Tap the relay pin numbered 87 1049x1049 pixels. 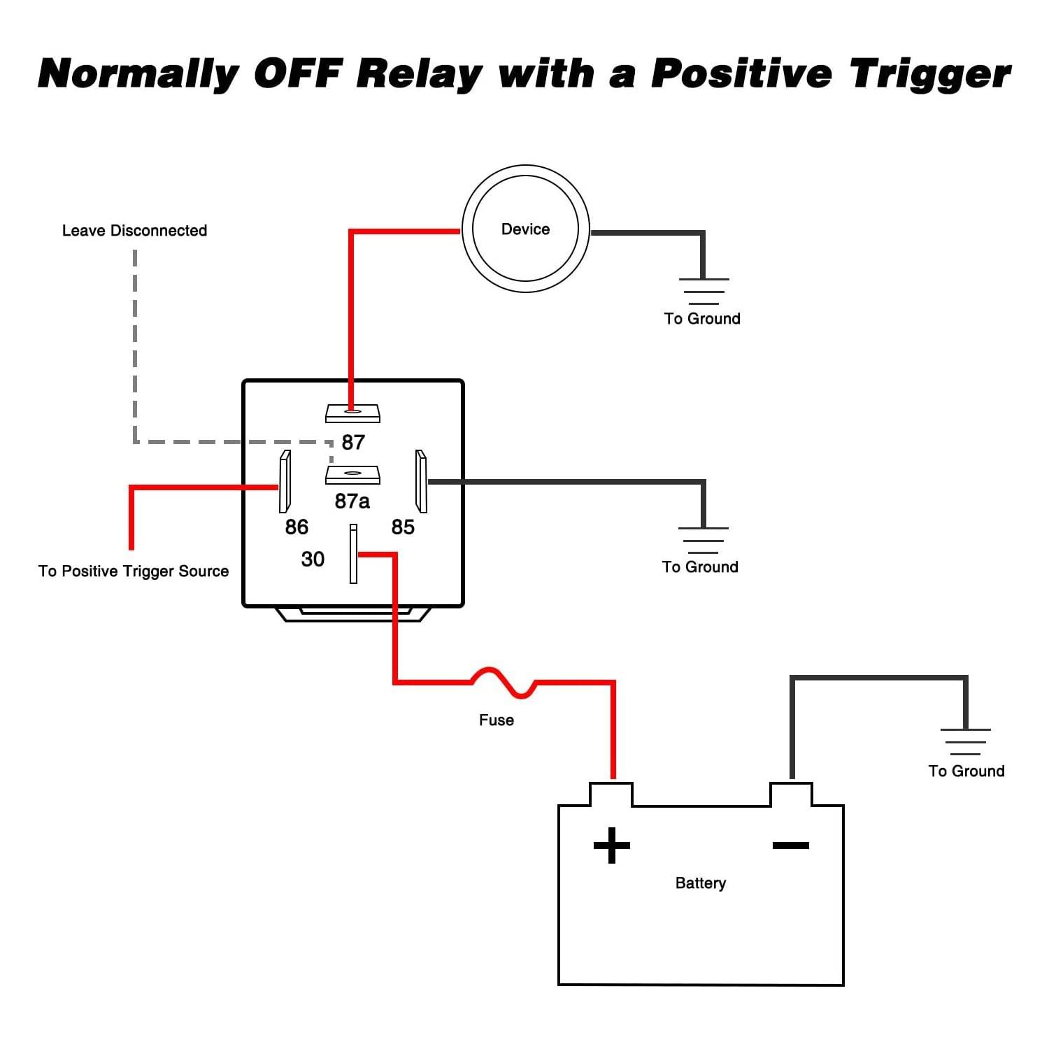(352, 413)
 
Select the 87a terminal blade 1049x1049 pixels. (352, 475)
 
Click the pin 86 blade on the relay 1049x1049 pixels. (285, 481)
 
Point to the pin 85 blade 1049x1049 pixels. (421, 481)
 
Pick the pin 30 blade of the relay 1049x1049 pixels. (353, 554)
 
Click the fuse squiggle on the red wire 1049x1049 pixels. (504, 683)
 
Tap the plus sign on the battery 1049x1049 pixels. (612, 845)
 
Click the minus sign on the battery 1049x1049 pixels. (791, 845)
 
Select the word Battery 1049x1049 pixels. (701, 883)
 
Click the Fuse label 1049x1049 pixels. (497, 720)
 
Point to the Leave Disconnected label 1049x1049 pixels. (135, 231)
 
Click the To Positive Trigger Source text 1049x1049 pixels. (134, 571)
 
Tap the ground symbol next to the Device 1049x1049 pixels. (704, 291)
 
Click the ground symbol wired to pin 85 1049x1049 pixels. (704, 541)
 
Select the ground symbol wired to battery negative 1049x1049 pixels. (966, 742)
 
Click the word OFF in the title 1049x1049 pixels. (297, 73)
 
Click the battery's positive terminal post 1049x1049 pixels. (611, 794)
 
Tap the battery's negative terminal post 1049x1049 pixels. (791, 794)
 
